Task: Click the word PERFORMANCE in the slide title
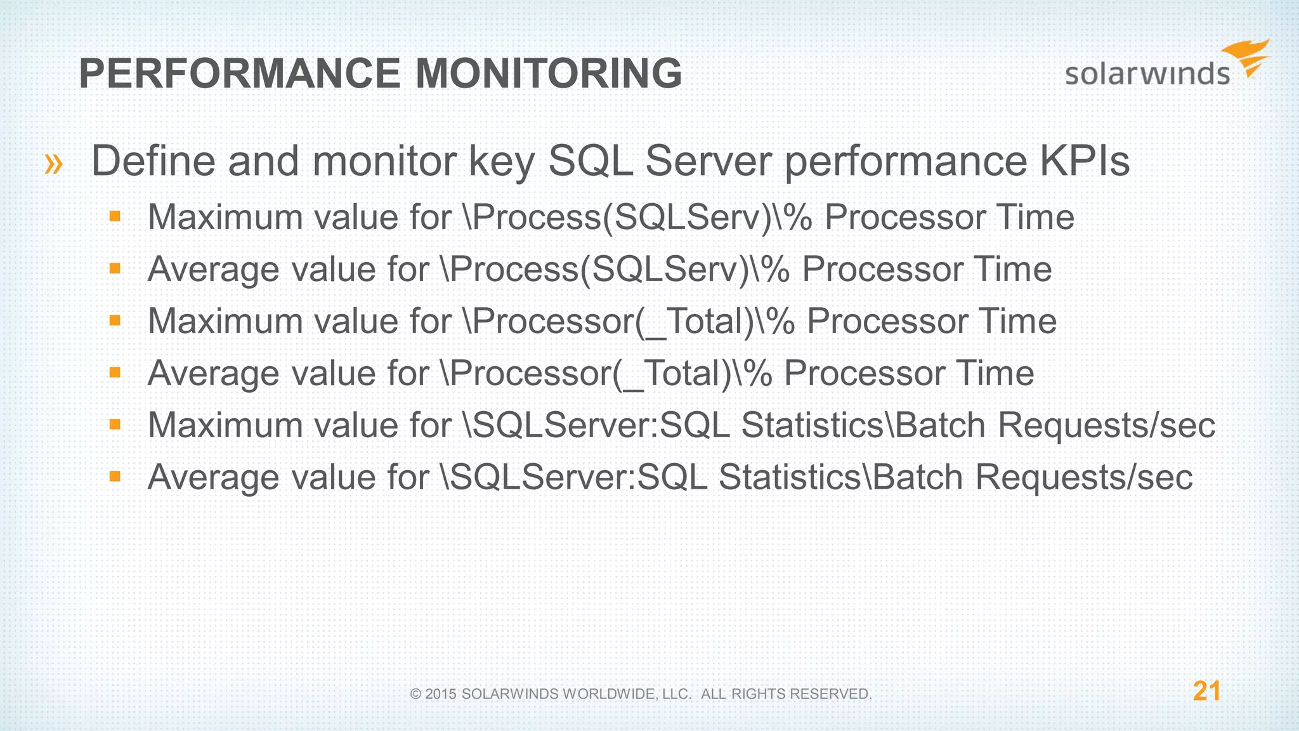coord(240,73)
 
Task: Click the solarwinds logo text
coord(1147,74)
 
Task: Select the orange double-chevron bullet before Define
coord(54,164)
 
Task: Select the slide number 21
coord(1206,691)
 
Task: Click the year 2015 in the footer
coord(441,694)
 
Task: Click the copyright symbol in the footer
coord(416,694)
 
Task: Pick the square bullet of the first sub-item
coord(115,216)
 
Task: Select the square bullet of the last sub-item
coord(115,476)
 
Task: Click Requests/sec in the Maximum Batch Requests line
coord(1106,425)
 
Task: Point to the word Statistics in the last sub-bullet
coord(789,477)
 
